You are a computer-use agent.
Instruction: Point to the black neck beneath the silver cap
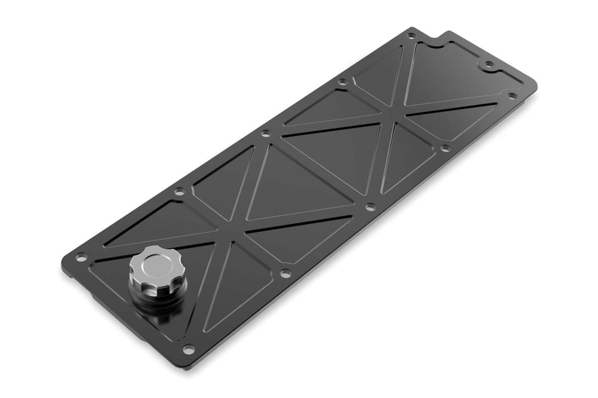157,296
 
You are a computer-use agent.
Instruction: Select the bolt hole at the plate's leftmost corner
80,257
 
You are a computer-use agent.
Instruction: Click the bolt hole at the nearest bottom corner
188,349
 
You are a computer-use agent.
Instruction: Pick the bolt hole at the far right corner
512,96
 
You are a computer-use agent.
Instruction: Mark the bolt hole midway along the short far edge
488,64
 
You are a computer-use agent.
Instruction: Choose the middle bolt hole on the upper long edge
266,133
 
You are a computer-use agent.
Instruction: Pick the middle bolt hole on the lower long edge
370,206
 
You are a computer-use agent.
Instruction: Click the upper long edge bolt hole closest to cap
179,191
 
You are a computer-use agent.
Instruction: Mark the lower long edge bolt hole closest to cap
285,274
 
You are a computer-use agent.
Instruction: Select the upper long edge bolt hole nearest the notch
342,82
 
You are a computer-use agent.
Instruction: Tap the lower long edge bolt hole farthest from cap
445,148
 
